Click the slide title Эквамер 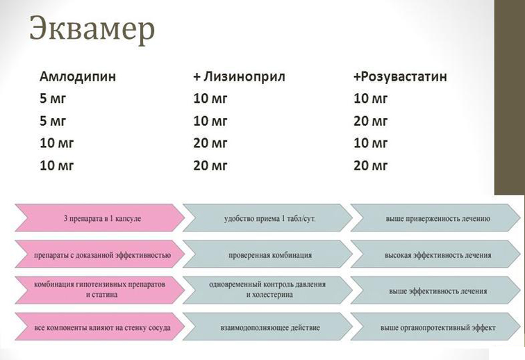[x=92, y=29]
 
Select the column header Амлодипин [x=78, y=76]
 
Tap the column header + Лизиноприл [x=239, y=76]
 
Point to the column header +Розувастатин [x=400, y=76]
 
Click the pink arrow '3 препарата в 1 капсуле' [x=97, y=218]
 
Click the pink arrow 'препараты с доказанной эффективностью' [x=97, y=254]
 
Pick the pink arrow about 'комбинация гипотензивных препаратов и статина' [x=97, y=290]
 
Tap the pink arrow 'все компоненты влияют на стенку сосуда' [x=97, y=326]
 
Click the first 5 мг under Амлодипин [x=53, y=99]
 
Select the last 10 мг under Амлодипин [x=56, y=165]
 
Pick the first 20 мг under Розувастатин [x=371, y=121]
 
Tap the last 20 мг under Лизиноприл [x=210, y=165]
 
